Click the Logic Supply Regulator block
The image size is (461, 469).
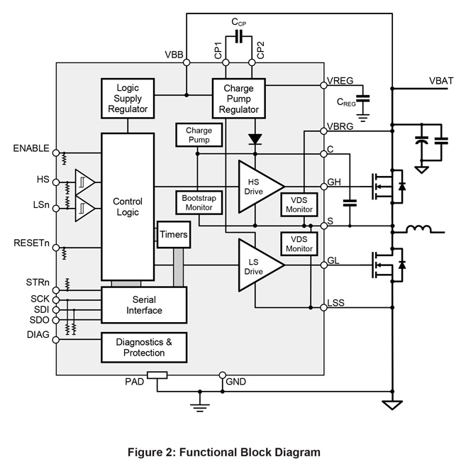128,98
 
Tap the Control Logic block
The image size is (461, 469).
128,206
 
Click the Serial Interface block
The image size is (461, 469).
144,305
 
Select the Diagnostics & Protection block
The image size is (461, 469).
144,348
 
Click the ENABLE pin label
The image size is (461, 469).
31,148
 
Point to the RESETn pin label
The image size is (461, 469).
31,243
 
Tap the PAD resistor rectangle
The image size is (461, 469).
157,375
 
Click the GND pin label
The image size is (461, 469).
236,383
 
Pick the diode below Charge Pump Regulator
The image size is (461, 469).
254,138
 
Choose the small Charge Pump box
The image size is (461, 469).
199,135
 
